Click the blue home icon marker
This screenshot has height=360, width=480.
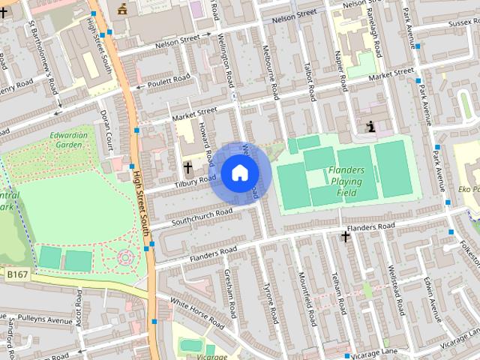point(239,173)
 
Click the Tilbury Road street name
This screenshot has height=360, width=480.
point(195,181)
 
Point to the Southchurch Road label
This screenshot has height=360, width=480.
point(202,217)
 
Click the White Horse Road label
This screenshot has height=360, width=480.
point(197,313)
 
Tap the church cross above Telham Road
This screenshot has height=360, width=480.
point(345,237)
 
